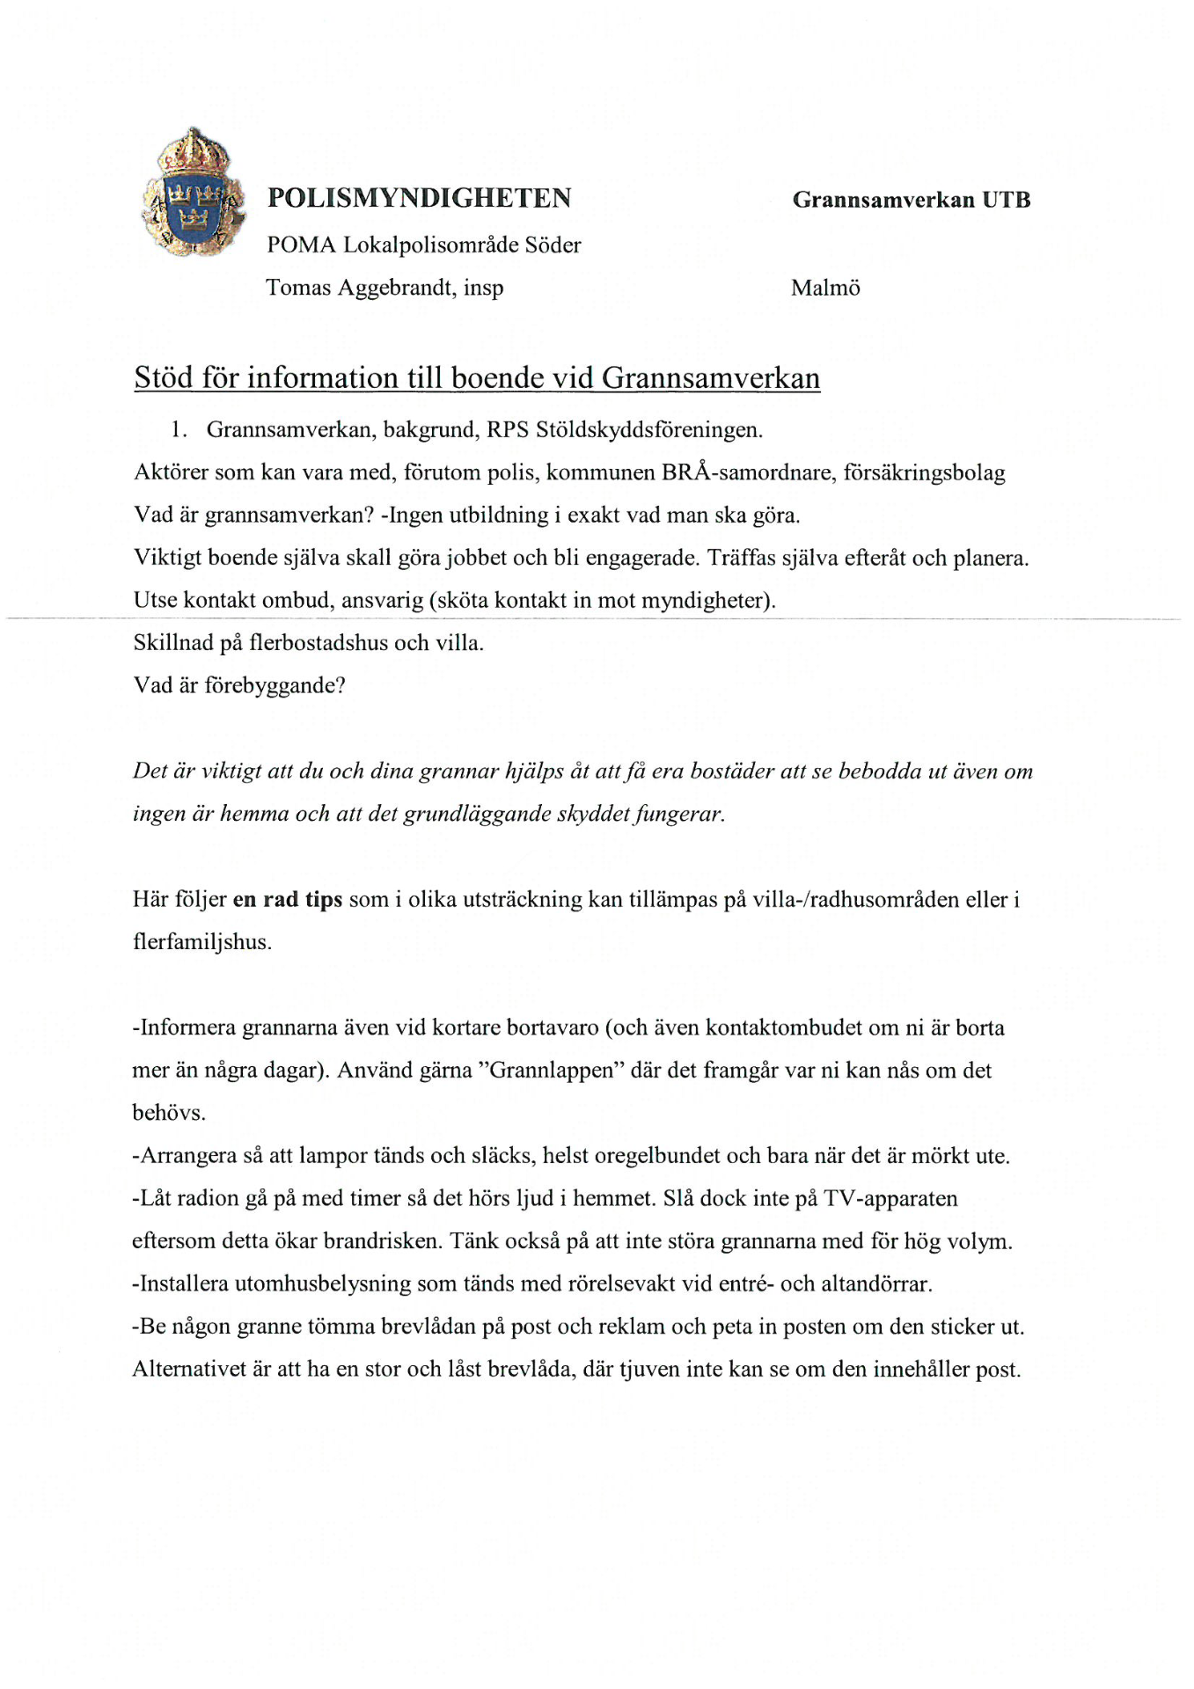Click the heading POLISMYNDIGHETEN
419,198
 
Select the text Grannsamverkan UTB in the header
911,200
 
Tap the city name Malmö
824,288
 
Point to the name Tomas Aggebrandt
360,288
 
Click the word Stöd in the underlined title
163,377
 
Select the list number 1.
179,430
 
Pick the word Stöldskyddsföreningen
648,430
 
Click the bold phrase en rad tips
287,900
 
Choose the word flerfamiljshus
201,942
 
